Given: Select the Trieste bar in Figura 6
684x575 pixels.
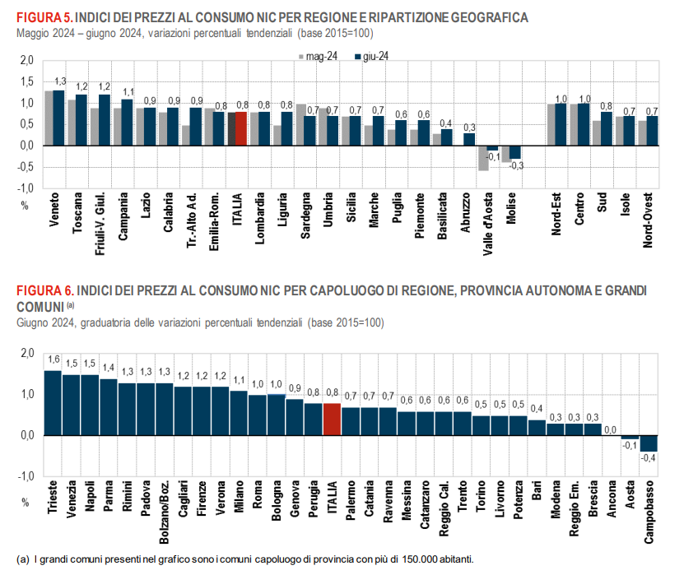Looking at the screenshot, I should click(53, 403).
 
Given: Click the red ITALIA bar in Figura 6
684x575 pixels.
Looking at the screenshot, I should click(332, 420).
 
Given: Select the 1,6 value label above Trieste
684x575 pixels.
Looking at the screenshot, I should click(54, 359).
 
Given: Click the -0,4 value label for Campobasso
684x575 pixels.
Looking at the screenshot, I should click(649, 457).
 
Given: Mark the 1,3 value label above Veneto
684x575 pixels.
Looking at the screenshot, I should click(60, 81).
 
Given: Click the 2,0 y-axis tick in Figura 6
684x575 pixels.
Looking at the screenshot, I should click(26, 353).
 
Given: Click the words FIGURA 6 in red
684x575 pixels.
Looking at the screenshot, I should click(43, 291).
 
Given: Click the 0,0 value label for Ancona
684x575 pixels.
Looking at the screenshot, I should click(612, 429).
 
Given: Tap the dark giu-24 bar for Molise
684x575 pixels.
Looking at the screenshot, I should click(515, 152).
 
